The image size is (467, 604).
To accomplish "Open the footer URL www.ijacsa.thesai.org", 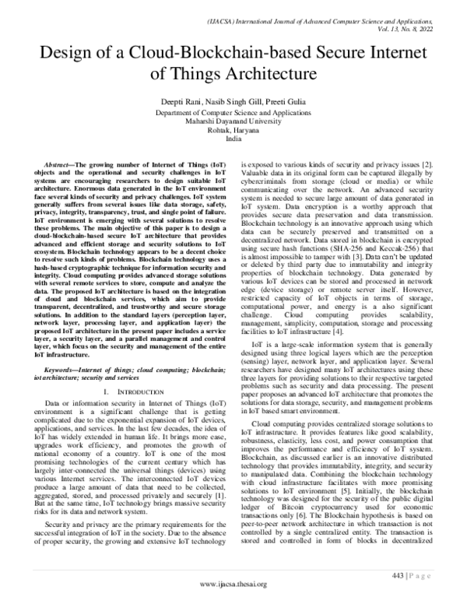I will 234,584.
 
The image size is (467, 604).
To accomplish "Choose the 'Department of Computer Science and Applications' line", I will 234,113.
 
